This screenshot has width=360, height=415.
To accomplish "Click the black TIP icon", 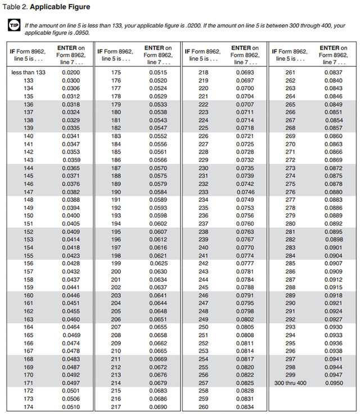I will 13,26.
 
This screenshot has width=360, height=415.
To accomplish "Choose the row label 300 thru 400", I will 290,383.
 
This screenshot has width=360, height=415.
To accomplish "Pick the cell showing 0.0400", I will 70,215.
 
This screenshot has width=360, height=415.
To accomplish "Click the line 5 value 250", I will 203,327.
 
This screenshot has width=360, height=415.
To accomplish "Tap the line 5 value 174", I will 29,407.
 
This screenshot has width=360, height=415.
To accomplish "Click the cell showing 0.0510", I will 70,407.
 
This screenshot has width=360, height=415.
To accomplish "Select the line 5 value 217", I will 116,407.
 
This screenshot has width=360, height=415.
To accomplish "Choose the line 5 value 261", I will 290,73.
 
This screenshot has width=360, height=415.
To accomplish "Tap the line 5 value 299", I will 290,375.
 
